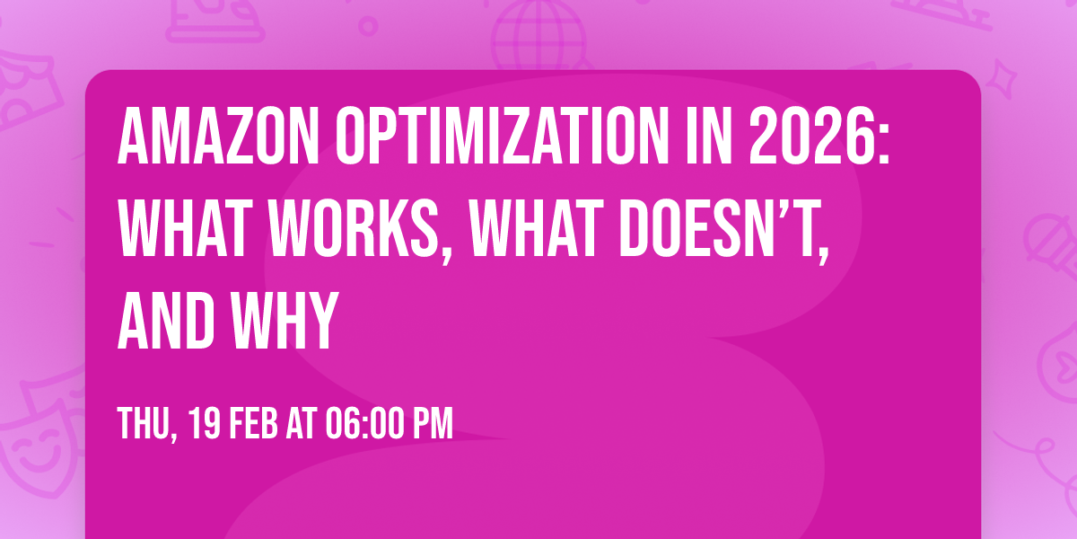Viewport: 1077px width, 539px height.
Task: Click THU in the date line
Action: click(141, 423)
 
